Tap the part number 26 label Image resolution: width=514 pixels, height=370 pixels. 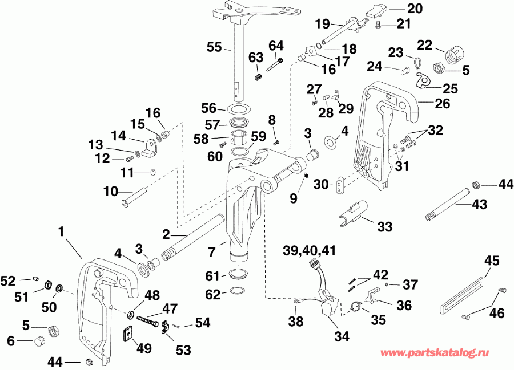click(458, 104)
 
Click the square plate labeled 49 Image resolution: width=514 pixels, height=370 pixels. click(130, 334)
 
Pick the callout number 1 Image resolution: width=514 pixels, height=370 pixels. click(61, 232)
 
